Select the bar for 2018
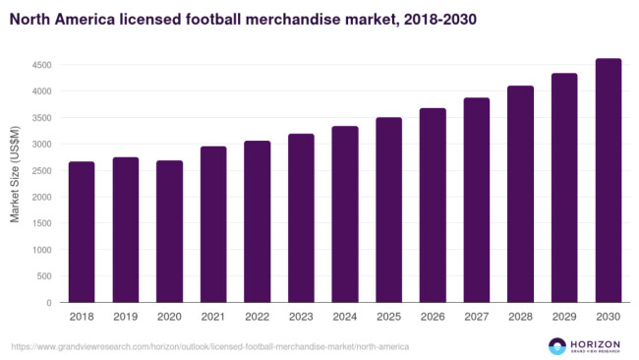pos(82,232)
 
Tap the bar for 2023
pos(301,218)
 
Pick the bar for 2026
pos(433,206)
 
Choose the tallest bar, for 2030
pos(609,181)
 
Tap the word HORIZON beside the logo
pos(596,341)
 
